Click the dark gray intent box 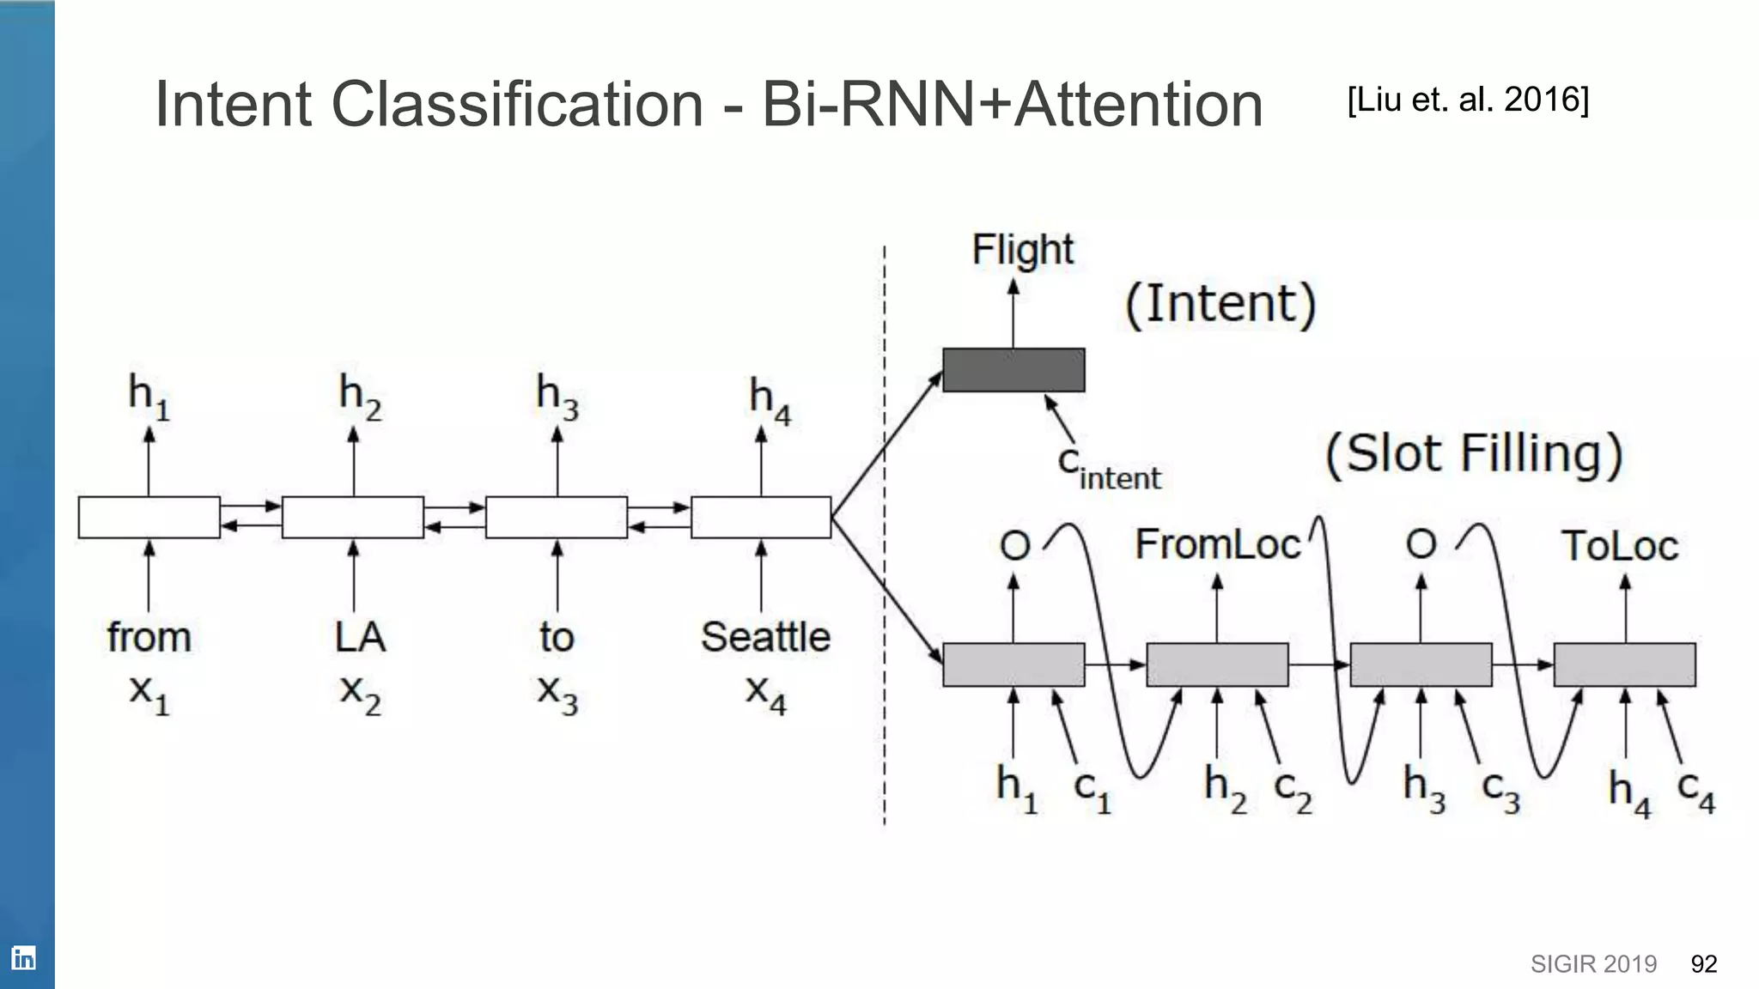[1013, 370]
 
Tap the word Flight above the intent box [1022, 250]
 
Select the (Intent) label [1220, 304]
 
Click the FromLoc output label [1217, 544]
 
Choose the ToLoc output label [1619, 546]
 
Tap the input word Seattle [765, 637]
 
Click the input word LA [360, 637]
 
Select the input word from [149, 637]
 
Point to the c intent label [1108, 468]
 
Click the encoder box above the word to [557, 517]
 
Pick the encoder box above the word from [149, 517]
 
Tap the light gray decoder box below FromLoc [1217, 664]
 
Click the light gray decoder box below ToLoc [1624, 664]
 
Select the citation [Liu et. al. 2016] [1468, 100]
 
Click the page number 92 [1703, 964]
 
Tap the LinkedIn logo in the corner [23, 957]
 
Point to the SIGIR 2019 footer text [1593, 964]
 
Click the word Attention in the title [1138, 105]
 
